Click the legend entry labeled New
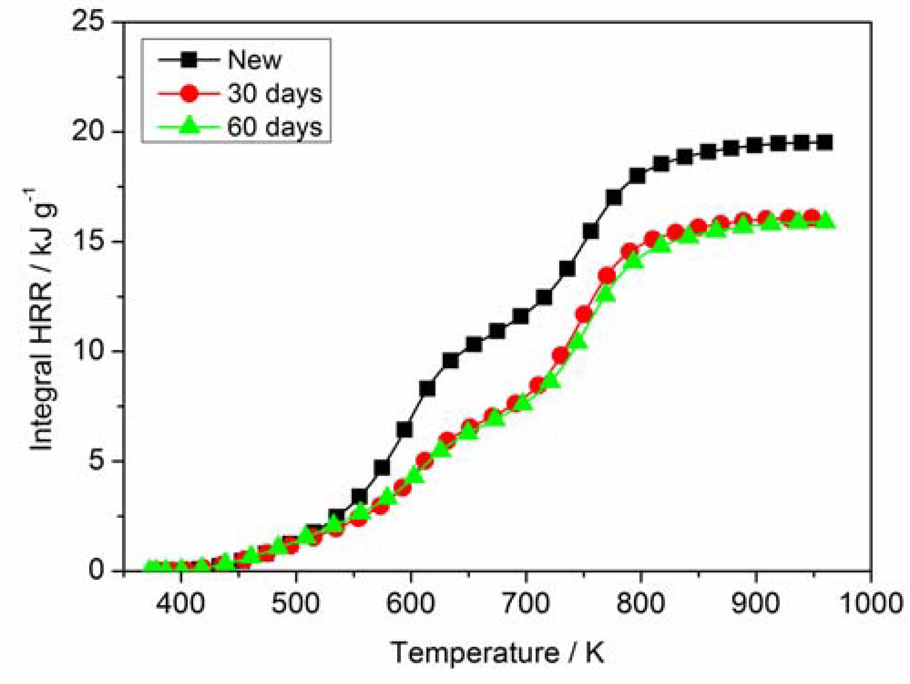(x=254, y=60)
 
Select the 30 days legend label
(x=275, y=93)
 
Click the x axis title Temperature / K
(x=497, y=653)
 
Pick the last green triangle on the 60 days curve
(x=825, y=221)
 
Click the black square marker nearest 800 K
(x=637, y=176)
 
